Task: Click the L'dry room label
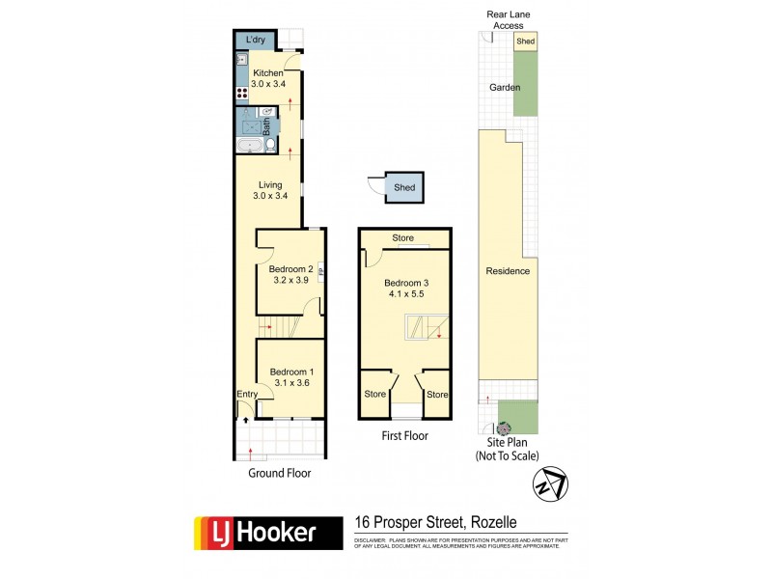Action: click(256, 40)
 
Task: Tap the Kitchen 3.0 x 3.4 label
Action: click(268, 78)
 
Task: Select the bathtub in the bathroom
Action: click(249, 146)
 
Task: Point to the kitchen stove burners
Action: click(241, 95)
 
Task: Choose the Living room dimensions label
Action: click(271, 196)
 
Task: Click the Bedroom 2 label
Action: click(291, 275)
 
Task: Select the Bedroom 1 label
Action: click(291, 377)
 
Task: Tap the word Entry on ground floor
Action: click(247, 394)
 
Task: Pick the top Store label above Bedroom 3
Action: click(403, 237)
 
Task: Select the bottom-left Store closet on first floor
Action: click(374, 395)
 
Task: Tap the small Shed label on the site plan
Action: click(525, 41)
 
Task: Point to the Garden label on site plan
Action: click(504, 87)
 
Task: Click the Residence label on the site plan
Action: click(508, 271)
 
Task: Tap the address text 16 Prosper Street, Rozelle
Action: click(437, 522)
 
